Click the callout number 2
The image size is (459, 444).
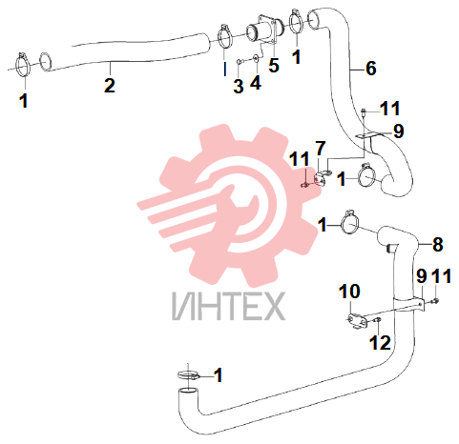pos(110,86)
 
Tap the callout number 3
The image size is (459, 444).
pos(239,86)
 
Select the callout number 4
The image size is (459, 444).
pos(256,82)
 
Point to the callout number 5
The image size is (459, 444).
pos(274,65)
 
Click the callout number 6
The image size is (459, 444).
pos(371,68)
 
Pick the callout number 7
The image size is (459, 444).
pos(321,148)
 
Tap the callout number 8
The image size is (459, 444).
pos(438,244)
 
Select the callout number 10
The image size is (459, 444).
pos(349,291)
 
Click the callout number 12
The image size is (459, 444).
pos(380,343)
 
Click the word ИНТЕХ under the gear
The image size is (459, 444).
pos(228,306)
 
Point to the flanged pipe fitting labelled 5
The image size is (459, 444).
pos(264,31)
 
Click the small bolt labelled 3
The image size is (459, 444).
pos(240,61)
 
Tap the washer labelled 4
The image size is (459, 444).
pos(256,58)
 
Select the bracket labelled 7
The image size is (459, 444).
pos(322,179)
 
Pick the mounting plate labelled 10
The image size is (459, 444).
pos(357,320)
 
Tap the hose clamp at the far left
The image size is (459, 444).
pos(22,65)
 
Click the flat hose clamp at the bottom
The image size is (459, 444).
pos(189,374)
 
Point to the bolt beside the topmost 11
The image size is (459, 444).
pos(364,112)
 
